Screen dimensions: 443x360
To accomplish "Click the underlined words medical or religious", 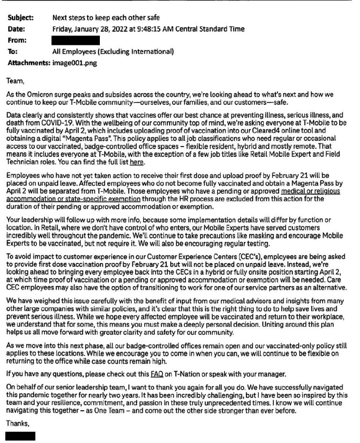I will point(310,192).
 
